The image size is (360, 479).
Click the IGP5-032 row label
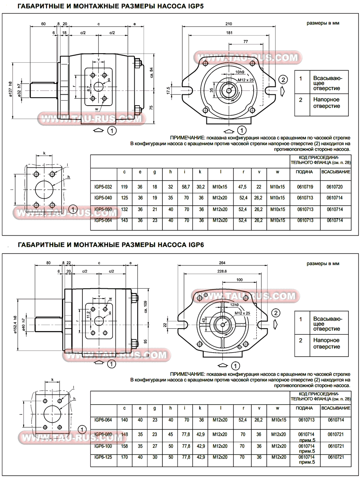(103, 186)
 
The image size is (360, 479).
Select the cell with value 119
(125, 186)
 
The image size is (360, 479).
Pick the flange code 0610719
(305, 186)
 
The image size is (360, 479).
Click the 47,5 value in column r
(242, 186)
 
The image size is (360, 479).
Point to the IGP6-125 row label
(103, 457)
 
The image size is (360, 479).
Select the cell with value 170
(125, 457)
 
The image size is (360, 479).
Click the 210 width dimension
(229, 24)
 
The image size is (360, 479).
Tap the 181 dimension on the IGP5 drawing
(229, 33)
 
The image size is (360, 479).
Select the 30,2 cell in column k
(200, 186)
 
